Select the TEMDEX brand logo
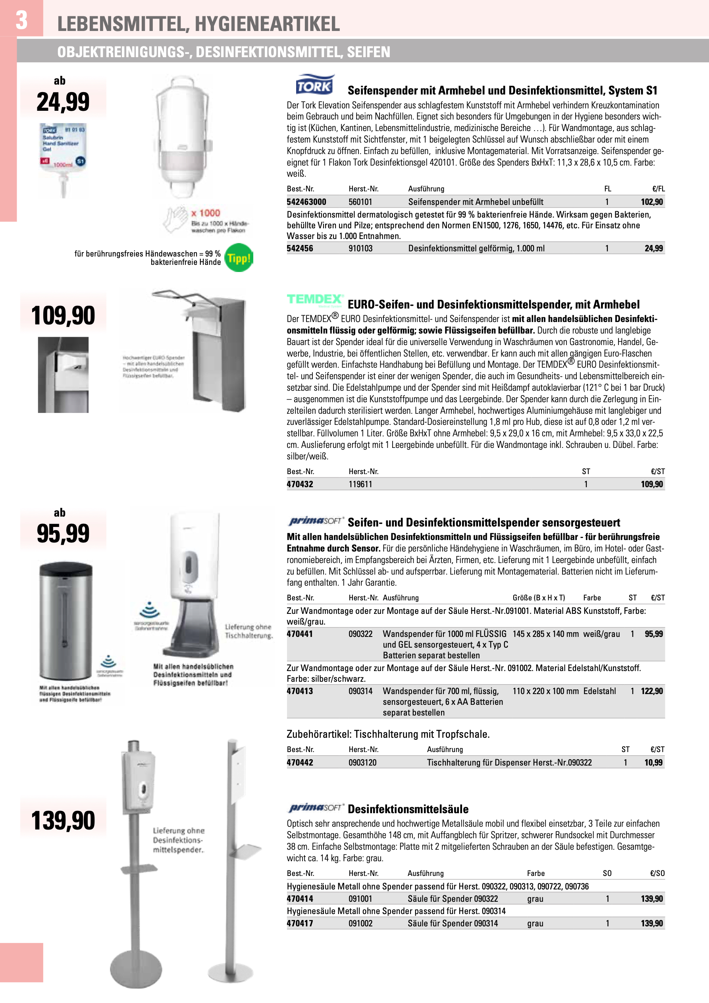pos(314,300)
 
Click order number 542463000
pos(306,202)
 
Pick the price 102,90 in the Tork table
pos(651,202)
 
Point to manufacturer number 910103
pos(360,249)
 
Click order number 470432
pos(300,484)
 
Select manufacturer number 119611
pos(360,484)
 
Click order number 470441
pos(300,634)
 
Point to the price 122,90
pos(651,691)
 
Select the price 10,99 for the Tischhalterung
pos(653,763)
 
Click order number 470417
pos(300,924)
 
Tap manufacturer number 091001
pos(360,899)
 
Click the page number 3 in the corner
pos(21,20)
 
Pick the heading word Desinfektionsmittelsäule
pos(408,809)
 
